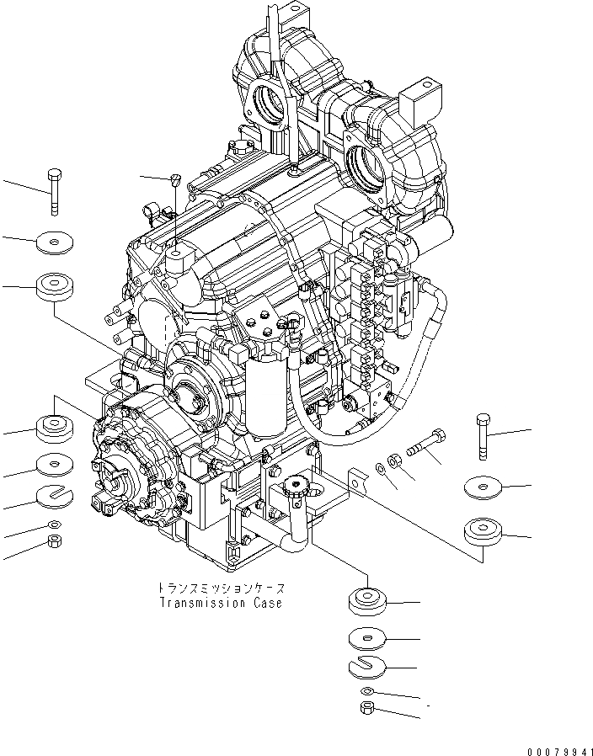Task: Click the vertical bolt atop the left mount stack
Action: (x=55, y=192)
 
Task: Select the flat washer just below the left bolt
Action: (x=55, y=243)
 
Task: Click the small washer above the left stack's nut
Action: (x=55, y=525)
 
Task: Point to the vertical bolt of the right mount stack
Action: (x=483, y=437)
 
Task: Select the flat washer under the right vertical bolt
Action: (x=483, y=486)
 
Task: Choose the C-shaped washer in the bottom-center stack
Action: (x=366, y=666)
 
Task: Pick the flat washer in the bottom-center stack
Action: (x=366, y=639)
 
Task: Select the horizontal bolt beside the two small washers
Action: (x=427, y=444)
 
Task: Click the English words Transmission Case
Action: (x=219, y=603)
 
